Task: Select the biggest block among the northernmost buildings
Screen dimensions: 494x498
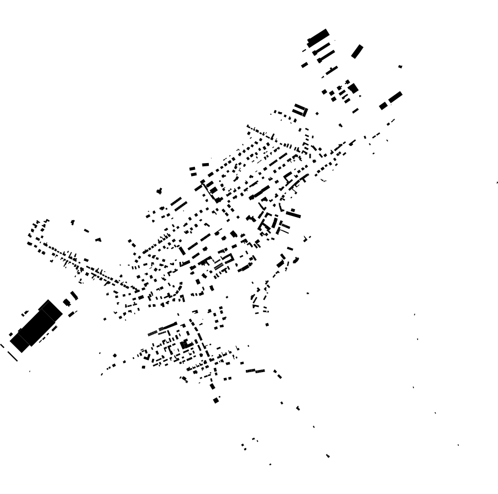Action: coord(318,37)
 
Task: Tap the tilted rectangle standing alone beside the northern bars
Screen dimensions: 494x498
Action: coord(357,51)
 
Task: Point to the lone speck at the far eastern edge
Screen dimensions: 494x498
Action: coord(497,183)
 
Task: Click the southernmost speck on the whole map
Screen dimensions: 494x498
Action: coord(270,464)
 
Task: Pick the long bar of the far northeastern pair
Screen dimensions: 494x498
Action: coord(395,97)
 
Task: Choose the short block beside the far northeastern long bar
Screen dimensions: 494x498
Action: coord(383,106)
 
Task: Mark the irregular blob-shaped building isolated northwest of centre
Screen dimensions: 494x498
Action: coord(159,191)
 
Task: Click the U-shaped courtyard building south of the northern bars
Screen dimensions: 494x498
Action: coord(300,110)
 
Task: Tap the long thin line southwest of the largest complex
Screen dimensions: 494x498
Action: coord(12,356)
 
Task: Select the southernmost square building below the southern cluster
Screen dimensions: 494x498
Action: coord(216,400)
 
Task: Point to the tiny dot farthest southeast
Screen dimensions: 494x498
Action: coord(458,445)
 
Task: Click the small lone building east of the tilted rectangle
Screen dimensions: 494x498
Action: coord(400,66)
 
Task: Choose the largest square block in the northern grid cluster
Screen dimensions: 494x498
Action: coord(353,88)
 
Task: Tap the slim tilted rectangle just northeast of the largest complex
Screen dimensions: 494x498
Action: coord(74,295)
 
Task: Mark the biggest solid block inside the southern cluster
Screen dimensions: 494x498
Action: coord(186,344)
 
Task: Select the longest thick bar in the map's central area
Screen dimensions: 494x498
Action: coord(261,192)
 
